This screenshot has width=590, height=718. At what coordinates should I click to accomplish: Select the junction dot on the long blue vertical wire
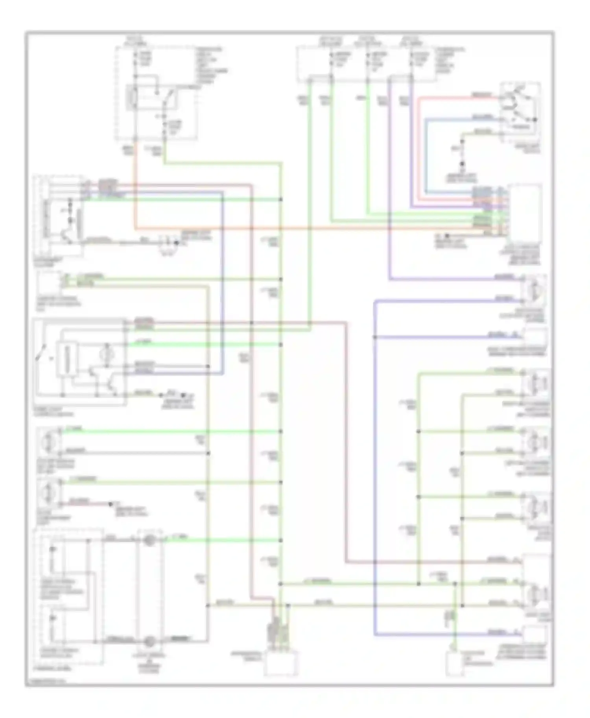[x=374, y=337]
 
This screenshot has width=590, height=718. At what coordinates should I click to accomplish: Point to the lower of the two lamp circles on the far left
[x=48, y=491]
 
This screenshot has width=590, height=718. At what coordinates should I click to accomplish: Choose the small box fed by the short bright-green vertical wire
[x=455, y=664]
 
